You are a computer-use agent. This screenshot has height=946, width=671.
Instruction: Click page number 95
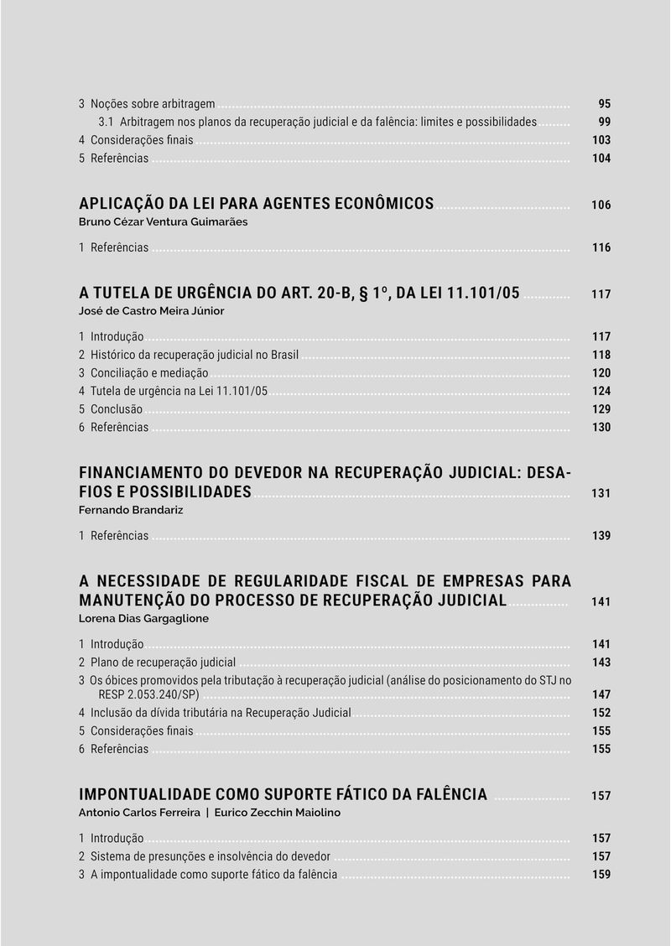(x=604, y=104)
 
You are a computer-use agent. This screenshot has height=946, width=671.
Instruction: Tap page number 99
(x=604, y=122)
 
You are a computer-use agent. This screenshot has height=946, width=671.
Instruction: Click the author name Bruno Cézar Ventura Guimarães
(x=163, y=222)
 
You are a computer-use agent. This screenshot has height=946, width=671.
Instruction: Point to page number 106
(x=601, y=205)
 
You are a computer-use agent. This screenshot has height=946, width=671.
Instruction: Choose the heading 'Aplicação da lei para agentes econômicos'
(x=256, y=204)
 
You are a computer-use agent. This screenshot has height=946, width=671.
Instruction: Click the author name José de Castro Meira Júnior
(x=151, y=310)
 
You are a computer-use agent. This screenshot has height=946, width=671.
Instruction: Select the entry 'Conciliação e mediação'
(x=148, y=373)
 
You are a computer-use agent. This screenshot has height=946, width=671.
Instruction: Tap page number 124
(x=601, y=392)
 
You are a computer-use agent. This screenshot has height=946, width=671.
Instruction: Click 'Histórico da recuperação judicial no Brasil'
(x=194, y=355)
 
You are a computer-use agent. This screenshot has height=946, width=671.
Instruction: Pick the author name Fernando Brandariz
(x=130, y=510)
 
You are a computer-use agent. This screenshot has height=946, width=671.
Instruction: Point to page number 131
(x=601, y=493)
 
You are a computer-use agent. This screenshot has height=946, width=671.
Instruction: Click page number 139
(x=601, y=536)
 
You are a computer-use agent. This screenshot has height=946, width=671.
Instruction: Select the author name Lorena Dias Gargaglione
(x=143, y=618)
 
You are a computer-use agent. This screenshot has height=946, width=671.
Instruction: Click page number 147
(x=601, y=695)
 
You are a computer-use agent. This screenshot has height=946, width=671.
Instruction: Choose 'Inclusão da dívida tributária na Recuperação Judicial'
(x=220, y=713)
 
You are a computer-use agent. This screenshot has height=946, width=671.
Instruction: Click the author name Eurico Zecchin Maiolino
(x=278, y=812)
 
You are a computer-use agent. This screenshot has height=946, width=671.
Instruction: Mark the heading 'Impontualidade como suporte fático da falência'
(x=283, y=794)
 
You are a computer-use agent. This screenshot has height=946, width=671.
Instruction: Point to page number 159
(x=601, y=875)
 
